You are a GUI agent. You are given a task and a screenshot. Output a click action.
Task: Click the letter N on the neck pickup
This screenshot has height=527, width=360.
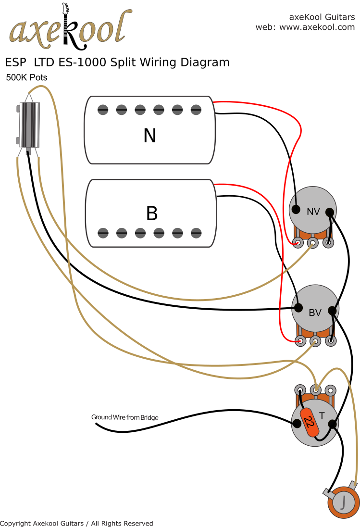click(149, 136)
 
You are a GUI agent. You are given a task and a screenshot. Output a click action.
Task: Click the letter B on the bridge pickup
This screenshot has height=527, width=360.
click(151, 213)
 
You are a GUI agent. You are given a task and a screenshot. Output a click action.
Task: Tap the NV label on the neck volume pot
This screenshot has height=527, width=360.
click(313, 211)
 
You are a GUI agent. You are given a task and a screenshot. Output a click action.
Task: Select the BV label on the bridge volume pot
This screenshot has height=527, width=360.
click(315, 313)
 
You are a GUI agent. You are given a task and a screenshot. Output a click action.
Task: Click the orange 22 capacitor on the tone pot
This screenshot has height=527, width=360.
click(310, 423)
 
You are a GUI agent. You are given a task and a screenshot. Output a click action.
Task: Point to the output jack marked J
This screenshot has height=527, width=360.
click(343, 502)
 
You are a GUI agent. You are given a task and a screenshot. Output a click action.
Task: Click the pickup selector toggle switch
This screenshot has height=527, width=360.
click(28, 124)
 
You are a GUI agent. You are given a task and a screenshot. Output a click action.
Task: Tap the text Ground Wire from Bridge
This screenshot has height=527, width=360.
click(124, 417)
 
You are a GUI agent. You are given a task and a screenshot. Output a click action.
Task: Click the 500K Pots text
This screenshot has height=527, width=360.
click(26, 77)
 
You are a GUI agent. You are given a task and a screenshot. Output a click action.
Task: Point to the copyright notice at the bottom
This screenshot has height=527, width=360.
click(76, 523)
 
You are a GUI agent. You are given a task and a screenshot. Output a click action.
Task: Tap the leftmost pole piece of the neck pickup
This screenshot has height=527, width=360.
click(103, 110)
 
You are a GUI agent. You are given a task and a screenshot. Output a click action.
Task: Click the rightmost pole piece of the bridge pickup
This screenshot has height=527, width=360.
click(196, 233)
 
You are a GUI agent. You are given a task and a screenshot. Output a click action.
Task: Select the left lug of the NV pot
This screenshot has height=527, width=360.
click(298, 243)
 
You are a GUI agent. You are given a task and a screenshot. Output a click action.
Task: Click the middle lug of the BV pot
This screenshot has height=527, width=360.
click(315, 341)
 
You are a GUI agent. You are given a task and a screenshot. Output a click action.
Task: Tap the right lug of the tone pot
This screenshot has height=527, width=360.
click(330, 390)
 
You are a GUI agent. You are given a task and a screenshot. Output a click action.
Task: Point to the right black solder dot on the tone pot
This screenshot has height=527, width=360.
click(332, 424)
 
